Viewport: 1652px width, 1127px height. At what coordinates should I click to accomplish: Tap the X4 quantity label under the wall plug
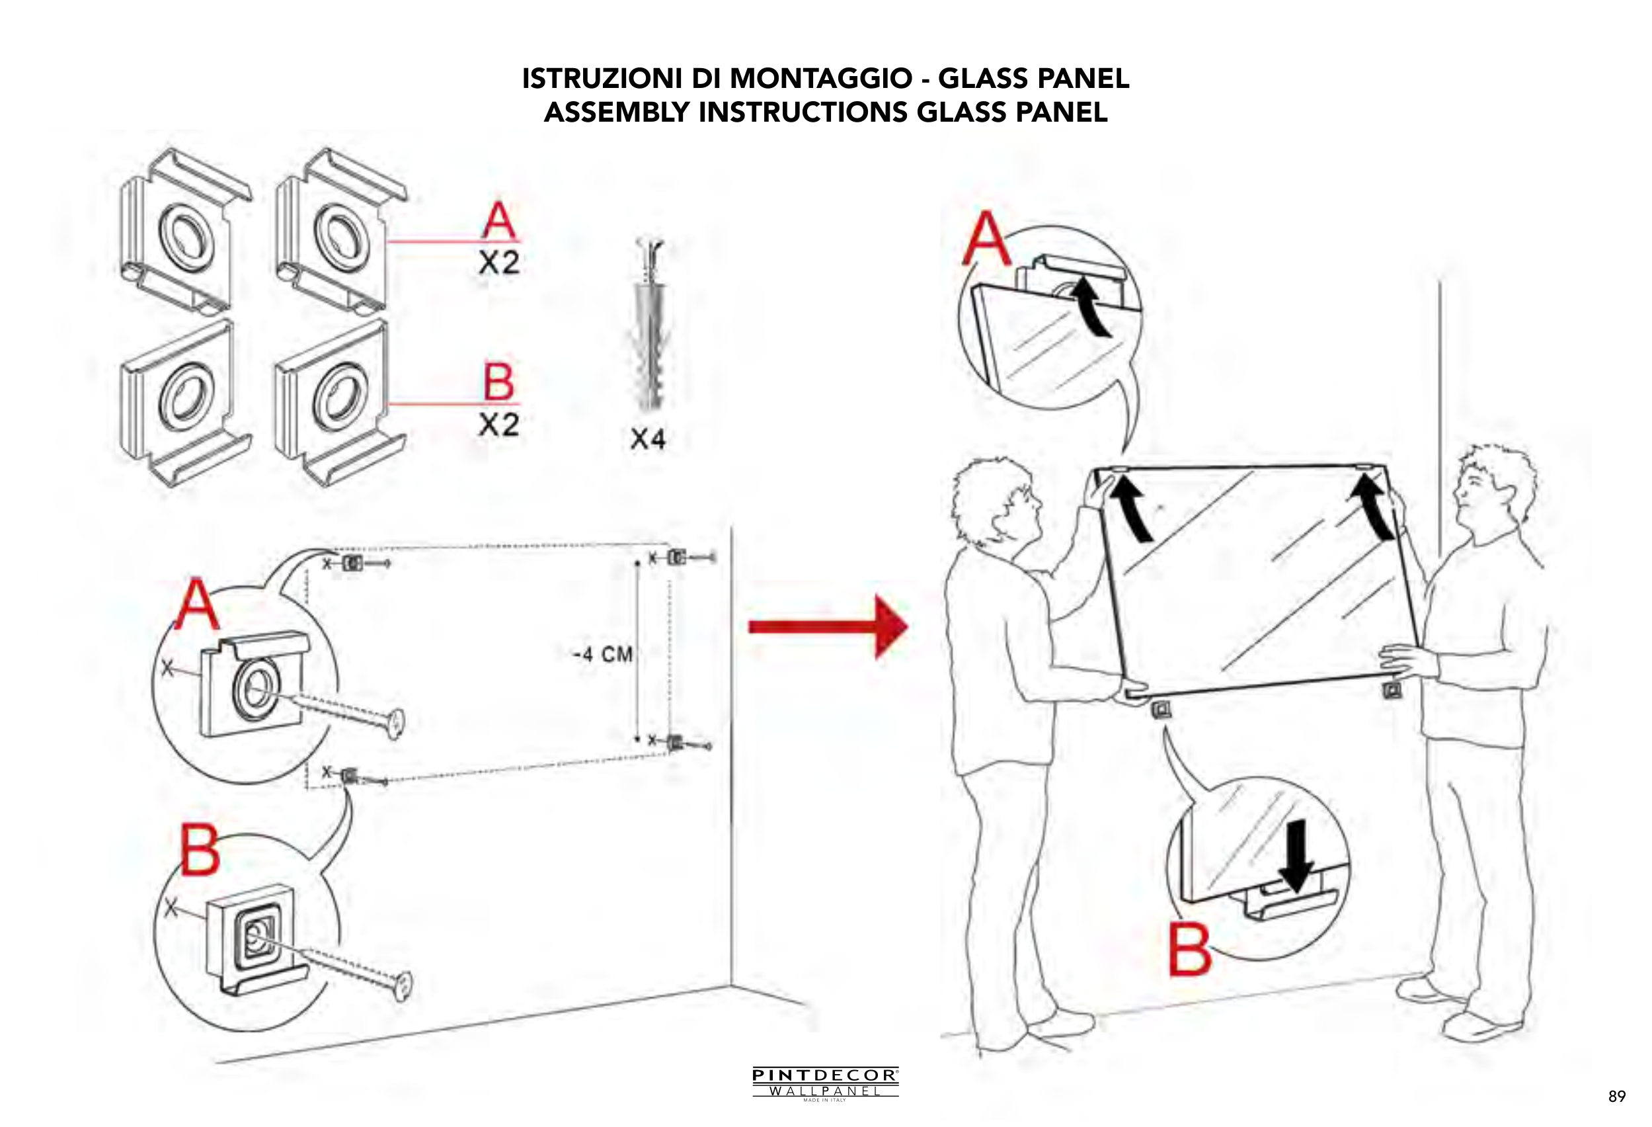pos(648,439)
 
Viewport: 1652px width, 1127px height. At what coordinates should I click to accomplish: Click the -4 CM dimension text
pos(603,654)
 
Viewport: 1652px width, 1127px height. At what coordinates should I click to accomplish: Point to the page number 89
pos(1616,1097)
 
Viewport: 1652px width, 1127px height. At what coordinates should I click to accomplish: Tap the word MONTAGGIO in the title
pos(821,78)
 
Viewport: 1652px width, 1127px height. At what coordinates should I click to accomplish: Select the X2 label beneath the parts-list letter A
pos(498,263)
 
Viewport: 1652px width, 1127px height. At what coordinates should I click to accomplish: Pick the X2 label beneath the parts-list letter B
pos(498,425)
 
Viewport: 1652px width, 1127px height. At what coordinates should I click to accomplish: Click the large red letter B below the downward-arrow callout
pos(1190,950)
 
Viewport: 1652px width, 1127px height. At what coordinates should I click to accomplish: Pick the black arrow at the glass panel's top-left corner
pos(1130,509)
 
